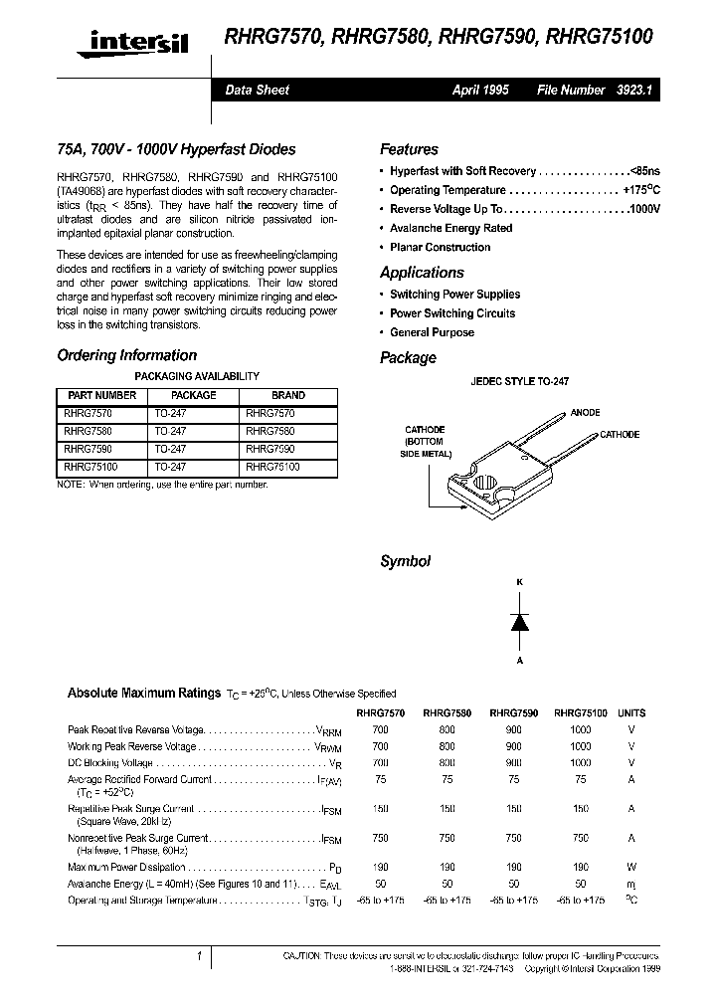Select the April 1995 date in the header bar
click(480, 90)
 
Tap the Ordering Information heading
click(126, 355)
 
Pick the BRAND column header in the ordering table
click(288, 395)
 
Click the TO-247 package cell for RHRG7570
click(169, 414)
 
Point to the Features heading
click(409, 149)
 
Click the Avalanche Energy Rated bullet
click(450, 228)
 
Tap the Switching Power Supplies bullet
click(454, 295)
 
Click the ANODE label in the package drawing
click(585, 412)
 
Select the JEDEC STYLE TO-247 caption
click(519, 381)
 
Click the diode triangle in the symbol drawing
click(519, 622)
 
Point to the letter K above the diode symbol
click(519, 581)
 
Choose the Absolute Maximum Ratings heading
click(143, 693)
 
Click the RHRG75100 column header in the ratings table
click(580, 713)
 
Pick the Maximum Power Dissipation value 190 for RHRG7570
click(380, 868)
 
